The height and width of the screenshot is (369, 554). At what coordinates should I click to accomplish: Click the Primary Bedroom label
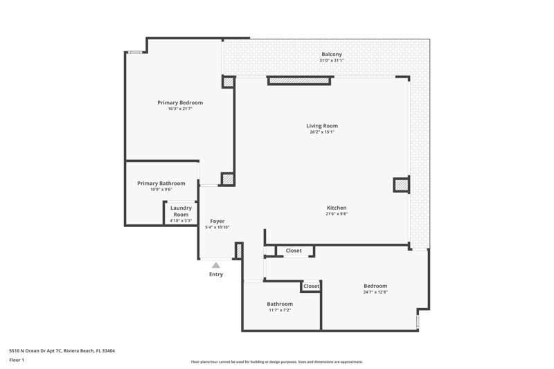(180, 102)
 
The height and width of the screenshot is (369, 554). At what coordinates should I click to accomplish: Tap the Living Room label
(322, 126)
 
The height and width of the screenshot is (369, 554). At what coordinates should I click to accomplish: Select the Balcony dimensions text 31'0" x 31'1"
(332, 60)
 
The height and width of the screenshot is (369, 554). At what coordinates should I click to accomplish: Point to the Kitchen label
(337, 208)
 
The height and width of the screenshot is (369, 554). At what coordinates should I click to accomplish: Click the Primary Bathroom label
(161, 183)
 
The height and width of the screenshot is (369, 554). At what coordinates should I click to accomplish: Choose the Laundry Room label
(181, 211)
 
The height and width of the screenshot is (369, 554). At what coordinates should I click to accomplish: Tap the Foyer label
(217, 222)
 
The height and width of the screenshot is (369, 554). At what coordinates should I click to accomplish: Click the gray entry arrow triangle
(216, 265)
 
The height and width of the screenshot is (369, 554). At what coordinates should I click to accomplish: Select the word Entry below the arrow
(216, 274)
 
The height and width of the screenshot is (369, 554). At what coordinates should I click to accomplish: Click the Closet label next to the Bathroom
(311, 286)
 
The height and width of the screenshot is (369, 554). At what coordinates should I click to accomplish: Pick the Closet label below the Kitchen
(294, 251)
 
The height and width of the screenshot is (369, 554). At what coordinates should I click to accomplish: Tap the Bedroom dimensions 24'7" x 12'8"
(375, 292)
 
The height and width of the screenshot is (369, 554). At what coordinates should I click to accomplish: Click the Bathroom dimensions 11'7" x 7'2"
(280, 310)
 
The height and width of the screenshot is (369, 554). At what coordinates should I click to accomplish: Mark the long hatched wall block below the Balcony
(299, 81)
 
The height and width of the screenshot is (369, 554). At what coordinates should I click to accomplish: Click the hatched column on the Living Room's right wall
(402, 185)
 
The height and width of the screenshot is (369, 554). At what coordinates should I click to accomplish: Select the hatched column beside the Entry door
(239, 251)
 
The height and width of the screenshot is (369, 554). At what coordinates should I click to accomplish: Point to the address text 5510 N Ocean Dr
(32, 350)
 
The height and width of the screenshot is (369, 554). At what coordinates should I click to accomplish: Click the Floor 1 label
(17, 360)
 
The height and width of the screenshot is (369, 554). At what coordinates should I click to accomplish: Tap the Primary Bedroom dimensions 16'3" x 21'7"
(180, 109)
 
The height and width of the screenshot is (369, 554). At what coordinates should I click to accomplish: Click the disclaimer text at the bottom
(276, 361)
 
